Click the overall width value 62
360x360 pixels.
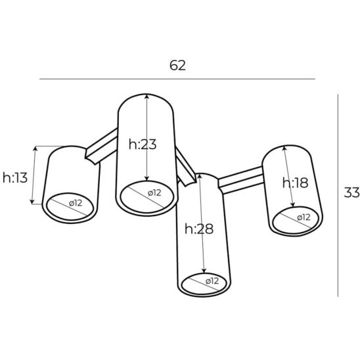click(177, 65)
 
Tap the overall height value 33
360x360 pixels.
click(351, 192)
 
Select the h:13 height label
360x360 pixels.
click(15, 178)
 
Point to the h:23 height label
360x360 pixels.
click(143, 145)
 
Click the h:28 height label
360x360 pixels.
click(199, 229)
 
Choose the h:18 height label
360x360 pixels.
click(295, 183)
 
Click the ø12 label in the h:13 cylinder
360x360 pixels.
click(76, 203)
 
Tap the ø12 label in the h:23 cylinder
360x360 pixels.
click(154, 193)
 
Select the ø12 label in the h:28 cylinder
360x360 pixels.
click(212, 281)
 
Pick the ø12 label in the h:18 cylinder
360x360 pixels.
click(304, 217)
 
